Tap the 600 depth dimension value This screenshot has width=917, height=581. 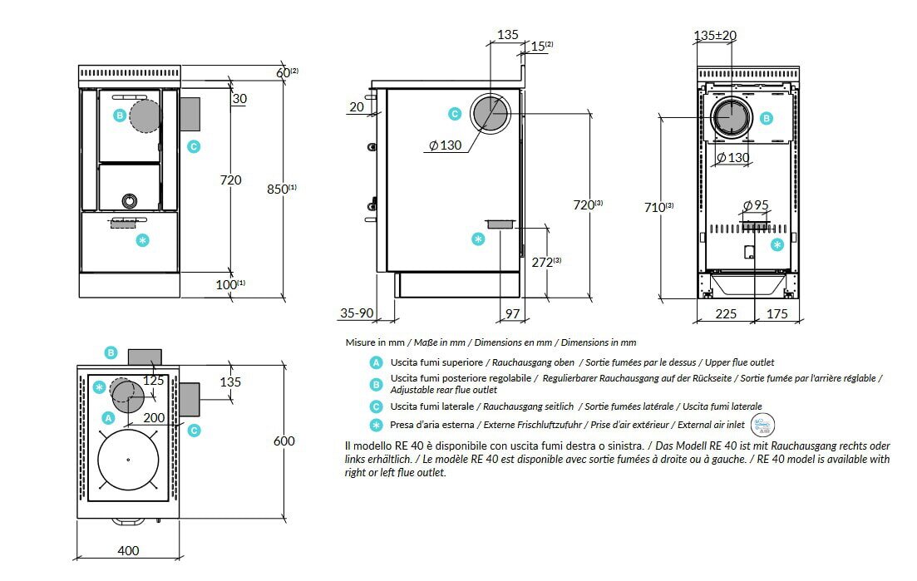tap(283, 441)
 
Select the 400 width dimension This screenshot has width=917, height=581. tap(128, 550)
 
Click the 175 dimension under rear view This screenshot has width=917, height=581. tap(776, 313)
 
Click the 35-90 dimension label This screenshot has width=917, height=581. tap(357, 313)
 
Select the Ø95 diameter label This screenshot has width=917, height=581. tap(755, 205)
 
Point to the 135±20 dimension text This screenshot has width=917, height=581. tap(715, 36)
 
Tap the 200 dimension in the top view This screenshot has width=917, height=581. tap(152, 417)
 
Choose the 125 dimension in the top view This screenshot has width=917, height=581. tap(153, 381)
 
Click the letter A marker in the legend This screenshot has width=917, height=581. tap(377, 363)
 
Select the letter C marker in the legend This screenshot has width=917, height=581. tap(377, 406)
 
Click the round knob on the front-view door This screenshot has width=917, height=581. tap(130, 200)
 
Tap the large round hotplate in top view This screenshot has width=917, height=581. tap(128, 460)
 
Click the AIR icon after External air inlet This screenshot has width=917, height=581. tap(761, 426)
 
